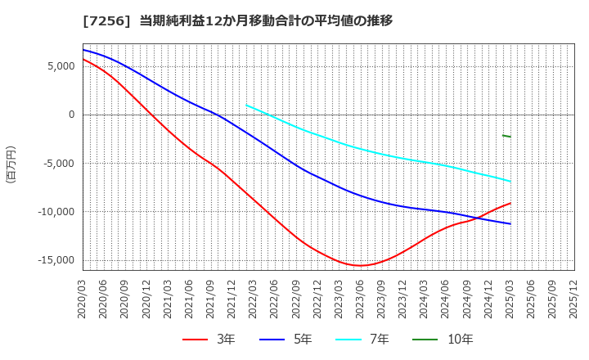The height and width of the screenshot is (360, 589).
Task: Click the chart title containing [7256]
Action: [237, 20]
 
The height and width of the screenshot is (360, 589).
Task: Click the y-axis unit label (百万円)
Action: [11, 164]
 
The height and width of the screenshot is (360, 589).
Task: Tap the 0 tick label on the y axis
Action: [70, 115]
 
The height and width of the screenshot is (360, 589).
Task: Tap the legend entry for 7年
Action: [368, 340]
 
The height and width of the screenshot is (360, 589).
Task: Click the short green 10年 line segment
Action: [506, 136]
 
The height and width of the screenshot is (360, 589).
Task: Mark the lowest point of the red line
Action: [359, 265]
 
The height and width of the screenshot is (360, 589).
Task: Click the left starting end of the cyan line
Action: [246, 105]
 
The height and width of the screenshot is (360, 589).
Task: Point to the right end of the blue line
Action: [510, 223]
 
